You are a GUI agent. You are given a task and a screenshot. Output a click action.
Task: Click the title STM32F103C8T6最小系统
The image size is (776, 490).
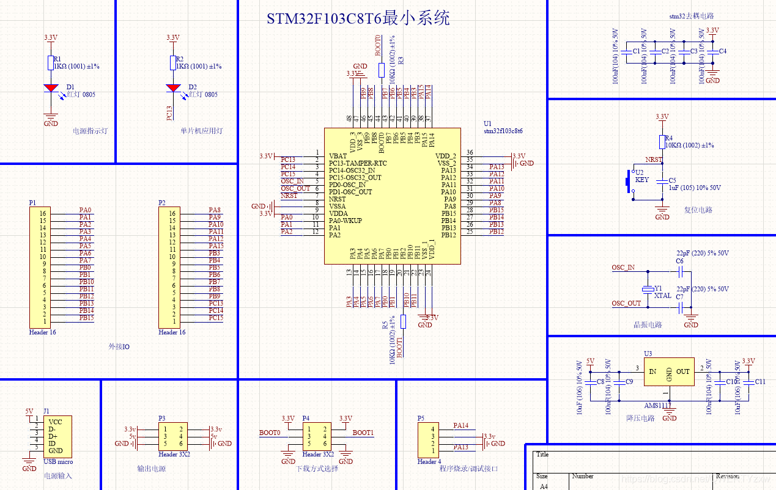tap(358, 18)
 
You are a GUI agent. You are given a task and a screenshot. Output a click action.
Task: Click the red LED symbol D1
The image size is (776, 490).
tap(51, 89)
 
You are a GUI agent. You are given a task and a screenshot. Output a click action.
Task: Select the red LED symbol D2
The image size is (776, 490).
tap(173, 89)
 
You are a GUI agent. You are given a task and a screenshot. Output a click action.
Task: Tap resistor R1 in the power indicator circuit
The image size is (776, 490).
tap(51, 63)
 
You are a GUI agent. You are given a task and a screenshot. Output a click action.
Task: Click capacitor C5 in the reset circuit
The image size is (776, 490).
tap(662, 181)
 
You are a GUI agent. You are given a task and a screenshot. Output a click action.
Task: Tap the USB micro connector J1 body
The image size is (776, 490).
tap(57, 436)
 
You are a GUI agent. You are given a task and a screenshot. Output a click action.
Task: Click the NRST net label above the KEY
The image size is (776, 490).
tap(654, 159)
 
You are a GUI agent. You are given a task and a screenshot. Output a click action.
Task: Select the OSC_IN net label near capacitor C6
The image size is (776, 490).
tap(623, 268)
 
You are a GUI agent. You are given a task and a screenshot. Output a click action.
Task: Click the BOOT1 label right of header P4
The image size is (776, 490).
tap(363, 433)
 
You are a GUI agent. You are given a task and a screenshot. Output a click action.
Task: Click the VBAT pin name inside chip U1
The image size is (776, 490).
tap(338, 156)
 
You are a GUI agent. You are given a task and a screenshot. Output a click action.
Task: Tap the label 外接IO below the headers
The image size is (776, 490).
tap(119, 346)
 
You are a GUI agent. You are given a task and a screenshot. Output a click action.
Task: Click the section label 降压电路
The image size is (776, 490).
tap(640, 419)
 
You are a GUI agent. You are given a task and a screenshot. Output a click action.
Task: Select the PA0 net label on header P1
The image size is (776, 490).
tap(85, 210)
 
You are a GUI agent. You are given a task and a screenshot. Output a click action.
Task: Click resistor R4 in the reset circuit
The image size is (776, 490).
tap(662, 142)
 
